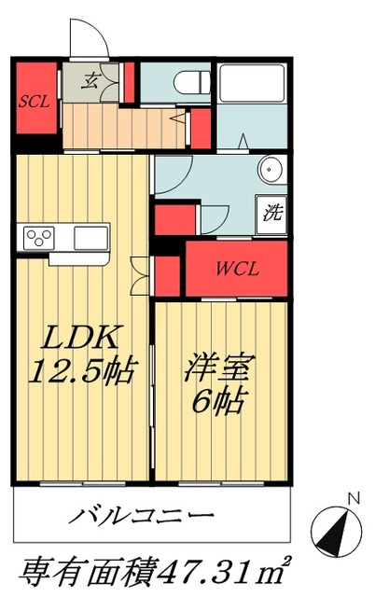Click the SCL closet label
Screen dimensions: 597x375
pos(35,101)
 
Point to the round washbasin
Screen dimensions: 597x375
pos(271,172)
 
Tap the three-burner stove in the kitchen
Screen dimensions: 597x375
pos(40,235)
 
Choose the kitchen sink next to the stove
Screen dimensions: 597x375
pos(90,235)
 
